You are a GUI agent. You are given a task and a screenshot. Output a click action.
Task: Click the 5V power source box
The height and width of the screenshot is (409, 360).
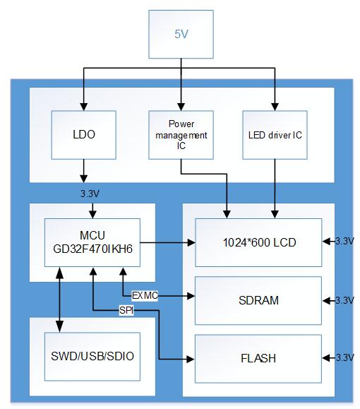[x=181, y=34]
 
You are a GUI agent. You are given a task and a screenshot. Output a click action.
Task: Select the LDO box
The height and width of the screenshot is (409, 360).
[x=84, y=135]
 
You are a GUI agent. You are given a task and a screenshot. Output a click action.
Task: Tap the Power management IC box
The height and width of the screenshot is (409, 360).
[x=181, y=135]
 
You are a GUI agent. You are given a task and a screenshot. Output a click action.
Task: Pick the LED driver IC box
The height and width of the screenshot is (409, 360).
[x=275, y=135]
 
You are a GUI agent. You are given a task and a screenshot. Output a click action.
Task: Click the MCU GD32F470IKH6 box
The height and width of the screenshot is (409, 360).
[x=92, y=242]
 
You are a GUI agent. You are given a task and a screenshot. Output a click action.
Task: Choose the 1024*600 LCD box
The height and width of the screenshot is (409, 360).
[x=258, y=242]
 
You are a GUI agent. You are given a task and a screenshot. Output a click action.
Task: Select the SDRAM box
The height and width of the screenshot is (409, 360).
[x=258, y=300]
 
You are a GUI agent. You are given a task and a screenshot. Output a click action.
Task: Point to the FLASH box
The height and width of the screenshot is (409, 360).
[x=258, y=359]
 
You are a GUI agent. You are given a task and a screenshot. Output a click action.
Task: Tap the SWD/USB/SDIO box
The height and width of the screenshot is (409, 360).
[x=92, y=357]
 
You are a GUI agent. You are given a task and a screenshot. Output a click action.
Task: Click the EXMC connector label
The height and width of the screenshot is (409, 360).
[x=145, y=295]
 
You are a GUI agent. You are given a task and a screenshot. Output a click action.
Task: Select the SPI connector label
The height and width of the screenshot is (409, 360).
[x=126, y=310]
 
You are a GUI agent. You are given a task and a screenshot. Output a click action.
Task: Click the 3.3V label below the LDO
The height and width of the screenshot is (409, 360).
[x=90, y=194]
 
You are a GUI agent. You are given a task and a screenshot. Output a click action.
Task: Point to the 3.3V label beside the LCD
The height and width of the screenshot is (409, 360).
[x=344, y=242]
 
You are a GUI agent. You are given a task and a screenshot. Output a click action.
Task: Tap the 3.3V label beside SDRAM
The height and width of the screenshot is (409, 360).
[x=344, y=300]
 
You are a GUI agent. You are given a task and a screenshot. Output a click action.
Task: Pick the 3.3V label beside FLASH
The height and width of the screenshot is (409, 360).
[x=344, y=357]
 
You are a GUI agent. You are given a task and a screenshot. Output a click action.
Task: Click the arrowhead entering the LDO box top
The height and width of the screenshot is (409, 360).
[x=84, y=107]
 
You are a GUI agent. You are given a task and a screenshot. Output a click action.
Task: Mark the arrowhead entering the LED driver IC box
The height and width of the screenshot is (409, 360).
[x=275, y=107]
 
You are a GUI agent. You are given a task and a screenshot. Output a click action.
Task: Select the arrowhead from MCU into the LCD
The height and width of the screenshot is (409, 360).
[x=191, y=242]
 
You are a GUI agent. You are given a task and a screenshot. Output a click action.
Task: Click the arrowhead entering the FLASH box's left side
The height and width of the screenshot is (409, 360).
[x=191, y=360]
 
